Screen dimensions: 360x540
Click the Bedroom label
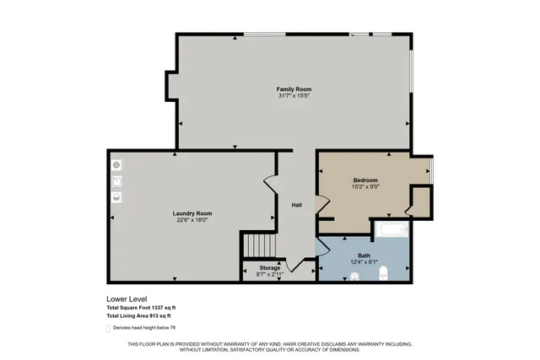tap(365, 180)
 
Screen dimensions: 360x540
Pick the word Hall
tap(297, 206)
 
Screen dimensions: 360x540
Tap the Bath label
tap(364, 255)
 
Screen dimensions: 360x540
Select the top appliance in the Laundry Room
tap(116, 164)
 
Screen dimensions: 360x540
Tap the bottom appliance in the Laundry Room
tap(117, 198)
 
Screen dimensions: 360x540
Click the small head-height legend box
tap(108, 328)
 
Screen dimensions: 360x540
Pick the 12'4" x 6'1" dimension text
tap(364, 261)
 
